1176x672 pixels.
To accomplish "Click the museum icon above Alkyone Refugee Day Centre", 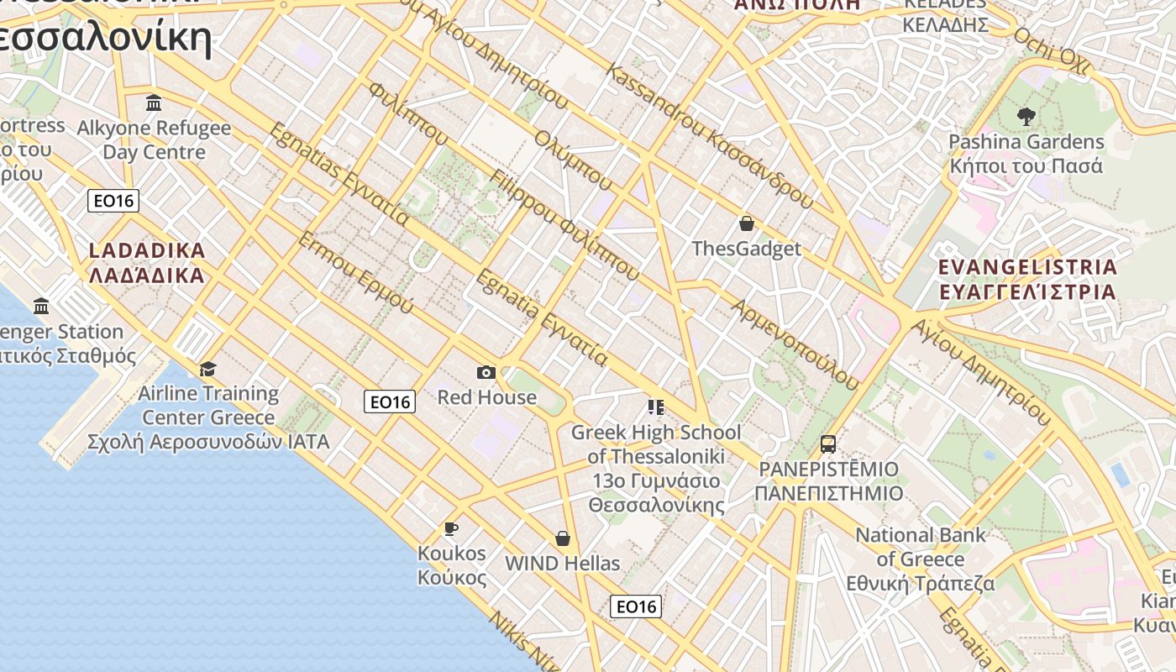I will pos(154,103).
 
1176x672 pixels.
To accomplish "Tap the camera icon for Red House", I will pos(486,372).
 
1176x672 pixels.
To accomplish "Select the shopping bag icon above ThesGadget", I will pos(746,223).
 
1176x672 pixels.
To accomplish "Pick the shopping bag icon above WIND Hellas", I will pos(563,538).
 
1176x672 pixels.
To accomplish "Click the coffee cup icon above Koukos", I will pos(451,528).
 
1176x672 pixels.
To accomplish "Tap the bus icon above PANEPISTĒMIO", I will pos(828,444).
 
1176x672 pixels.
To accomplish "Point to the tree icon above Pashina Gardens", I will pos(1026,116).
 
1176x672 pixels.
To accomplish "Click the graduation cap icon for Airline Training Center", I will pos(207,368).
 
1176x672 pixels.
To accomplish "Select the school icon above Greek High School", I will pos(656,407).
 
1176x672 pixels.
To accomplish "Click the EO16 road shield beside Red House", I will pos(391,402).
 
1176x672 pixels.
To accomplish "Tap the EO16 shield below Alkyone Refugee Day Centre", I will pos(113,201).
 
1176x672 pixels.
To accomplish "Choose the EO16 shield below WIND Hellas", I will pos(636,606).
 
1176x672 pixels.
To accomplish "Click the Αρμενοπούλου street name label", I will pos(795,344).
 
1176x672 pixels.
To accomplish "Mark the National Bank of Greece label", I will pos(921,559).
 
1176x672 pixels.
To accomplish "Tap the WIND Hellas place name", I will pos(563,563).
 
